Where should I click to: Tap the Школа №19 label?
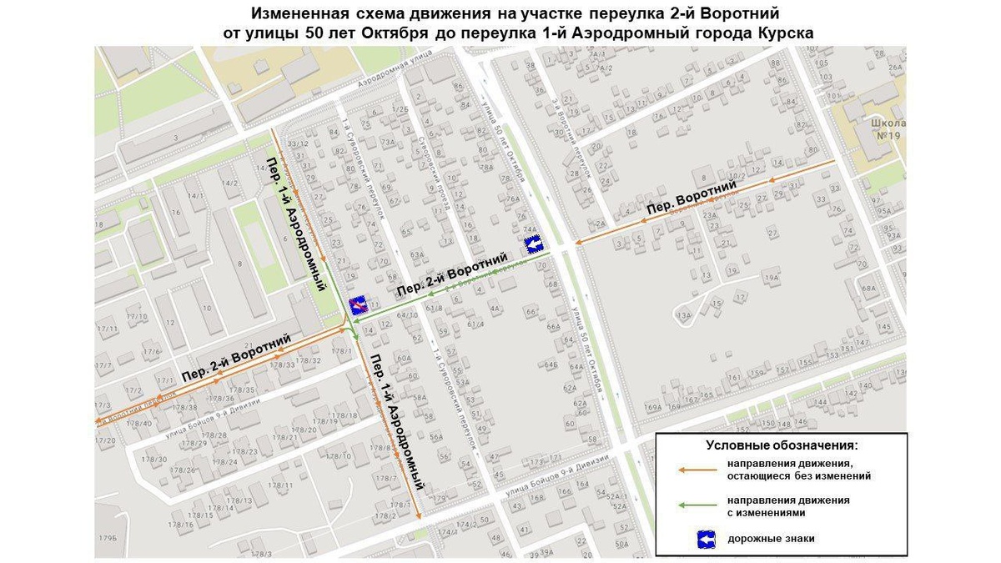(887, 129)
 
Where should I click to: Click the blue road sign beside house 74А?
(534, 244)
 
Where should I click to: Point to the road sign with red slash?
(357, 304)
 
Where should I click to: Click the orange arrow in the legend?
(697, 470)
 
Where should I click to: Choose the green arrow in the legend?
(697, 505)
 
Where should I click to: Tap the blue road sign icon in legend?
(707, 539)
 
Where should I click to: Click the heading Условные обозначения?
(782, 445)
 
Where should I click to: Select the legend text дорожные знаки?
(771, 539)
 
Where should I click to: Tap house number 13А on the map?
(686, 314)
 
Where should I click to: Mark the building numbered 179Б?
(107, 536)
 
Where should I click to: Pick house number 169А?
(652, 407)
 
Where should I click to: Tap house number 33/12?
(298, 143)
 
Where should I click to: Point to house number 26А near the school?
(896, 68)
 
